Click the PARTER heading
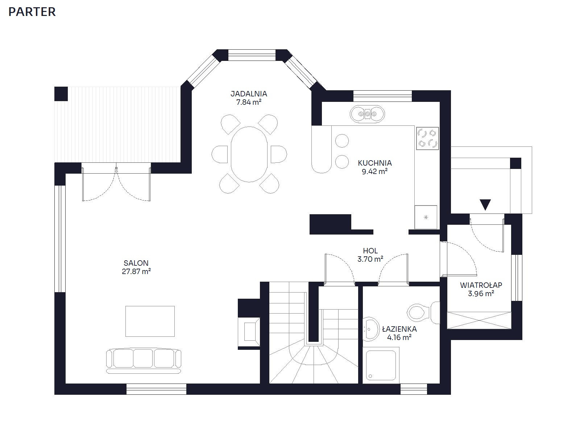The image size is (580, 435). coord(32,12)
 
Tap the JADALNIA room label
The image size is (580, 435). coord(249,94)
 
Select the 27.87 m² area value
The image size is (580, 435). coord(136,272)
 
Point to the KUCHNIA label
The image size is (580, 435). coord(375,163)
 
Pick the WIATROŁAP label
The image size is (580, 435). coord(481,285)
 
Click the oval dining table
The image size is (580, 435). coord(249,154)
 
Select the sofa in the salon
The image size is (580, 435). coord(144,361)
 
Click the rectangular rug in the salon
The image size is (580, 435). coord(150,321)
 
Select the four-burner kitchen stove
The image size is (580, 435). coord(427,138)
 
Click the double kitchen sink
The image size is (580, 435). coord(367,114)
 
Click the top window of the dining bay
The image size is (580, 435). coord(252,55)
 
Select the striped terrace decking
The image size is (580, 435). coord(117,124)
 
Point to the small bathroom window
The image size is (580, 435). coord(414,389)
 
